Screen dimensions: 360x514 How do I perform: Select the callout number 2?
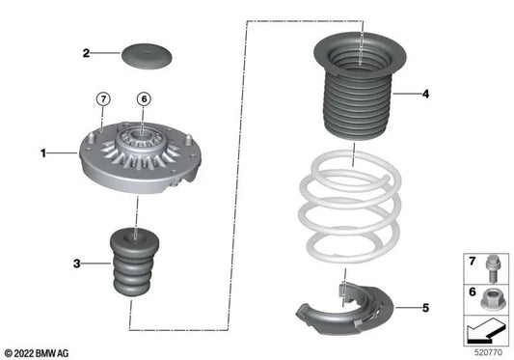tap(86, 53)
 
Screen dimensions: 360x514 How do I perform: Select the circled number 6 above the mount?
tap(143, 97)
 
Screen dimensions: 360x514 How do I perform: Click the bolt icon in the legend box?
tap(487, 262)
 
